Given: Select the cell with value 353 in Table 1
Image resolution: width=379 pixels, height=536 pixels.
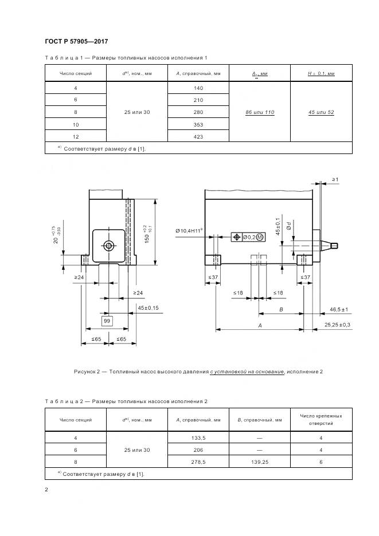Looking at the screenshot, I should [198, 124].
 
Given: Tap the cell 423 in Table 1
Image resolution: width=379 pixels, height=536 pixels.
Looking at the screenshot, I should [198, 137].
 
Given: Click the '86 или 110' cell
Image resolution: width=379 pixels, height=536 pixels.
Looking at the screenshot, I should [259, 112].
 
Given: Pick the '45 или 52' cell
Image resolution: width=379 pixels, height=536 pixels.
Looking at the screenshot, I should [321, 112].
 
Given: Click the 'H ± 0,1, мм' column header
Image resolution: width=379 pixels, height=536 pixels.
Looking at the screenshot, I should [321, 74].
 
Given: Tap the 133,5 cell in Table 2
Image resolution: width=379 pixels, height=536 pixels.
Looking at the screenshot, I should [198, 438].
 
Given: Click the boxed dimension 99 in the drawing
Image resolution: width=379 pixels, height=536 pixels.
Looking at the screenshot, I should [107, 321].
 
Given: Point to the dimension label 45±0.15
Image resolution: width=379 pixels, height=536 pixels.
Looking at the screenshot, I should [148, 308].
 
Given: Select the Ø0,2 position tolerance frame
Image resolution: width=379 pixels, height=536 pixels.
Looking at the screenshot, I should [247, 237].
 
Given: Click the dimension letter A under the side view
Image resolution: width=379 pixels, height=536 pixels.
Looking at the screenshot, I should [260, 325].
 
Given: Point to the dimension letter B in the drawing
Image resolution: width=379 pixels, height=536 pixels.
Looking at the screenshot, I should [280, 309].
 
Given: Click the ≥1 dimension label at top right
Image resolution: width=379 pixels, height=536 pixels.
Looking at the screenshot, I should [335, 180].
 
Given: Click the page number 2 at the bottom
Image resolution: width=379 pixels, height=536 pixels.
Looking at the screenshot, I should [46, 489].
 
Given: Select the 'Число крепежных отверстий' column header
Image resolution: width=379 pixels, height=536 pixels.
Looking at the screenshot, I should [321, 419].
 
